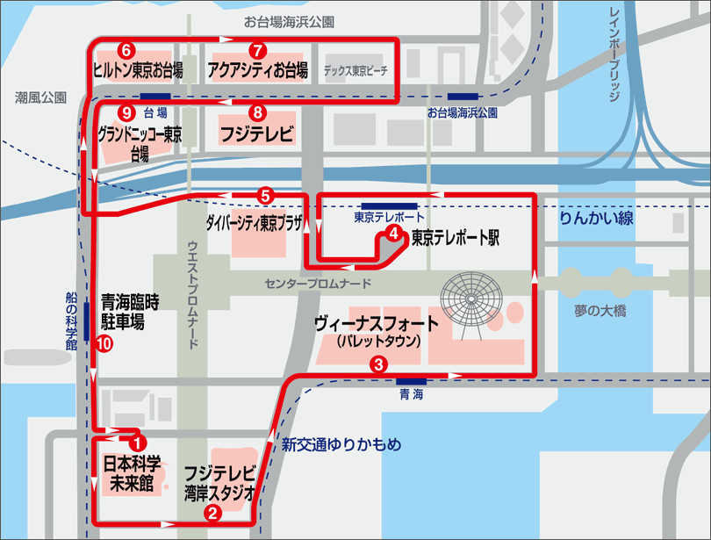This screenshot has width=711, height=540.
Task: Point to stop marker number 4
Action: click(x=394, y=234)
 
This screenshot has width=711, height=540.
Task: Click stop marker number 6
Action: click(x=128, y=49)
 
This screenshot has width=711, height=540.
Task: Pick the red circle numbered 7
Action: click(x=256, y=49)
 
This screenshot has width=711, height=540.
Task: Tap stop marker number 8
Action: click(x=256, y=112)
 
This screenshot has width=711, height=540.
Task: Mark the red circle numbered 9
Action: click(x=128, y=112)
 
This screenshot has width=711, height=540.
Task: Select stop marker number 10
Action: click(x=104, y=344)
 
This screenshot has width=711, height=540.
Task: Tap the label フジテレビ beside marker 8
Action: click(x=255, y=135)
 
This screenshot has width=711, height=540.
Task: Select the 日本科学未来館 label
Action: click(x=132, y=472)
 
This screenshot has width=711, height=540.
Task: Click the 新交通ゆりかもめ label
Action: click(x=341, y=445)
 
